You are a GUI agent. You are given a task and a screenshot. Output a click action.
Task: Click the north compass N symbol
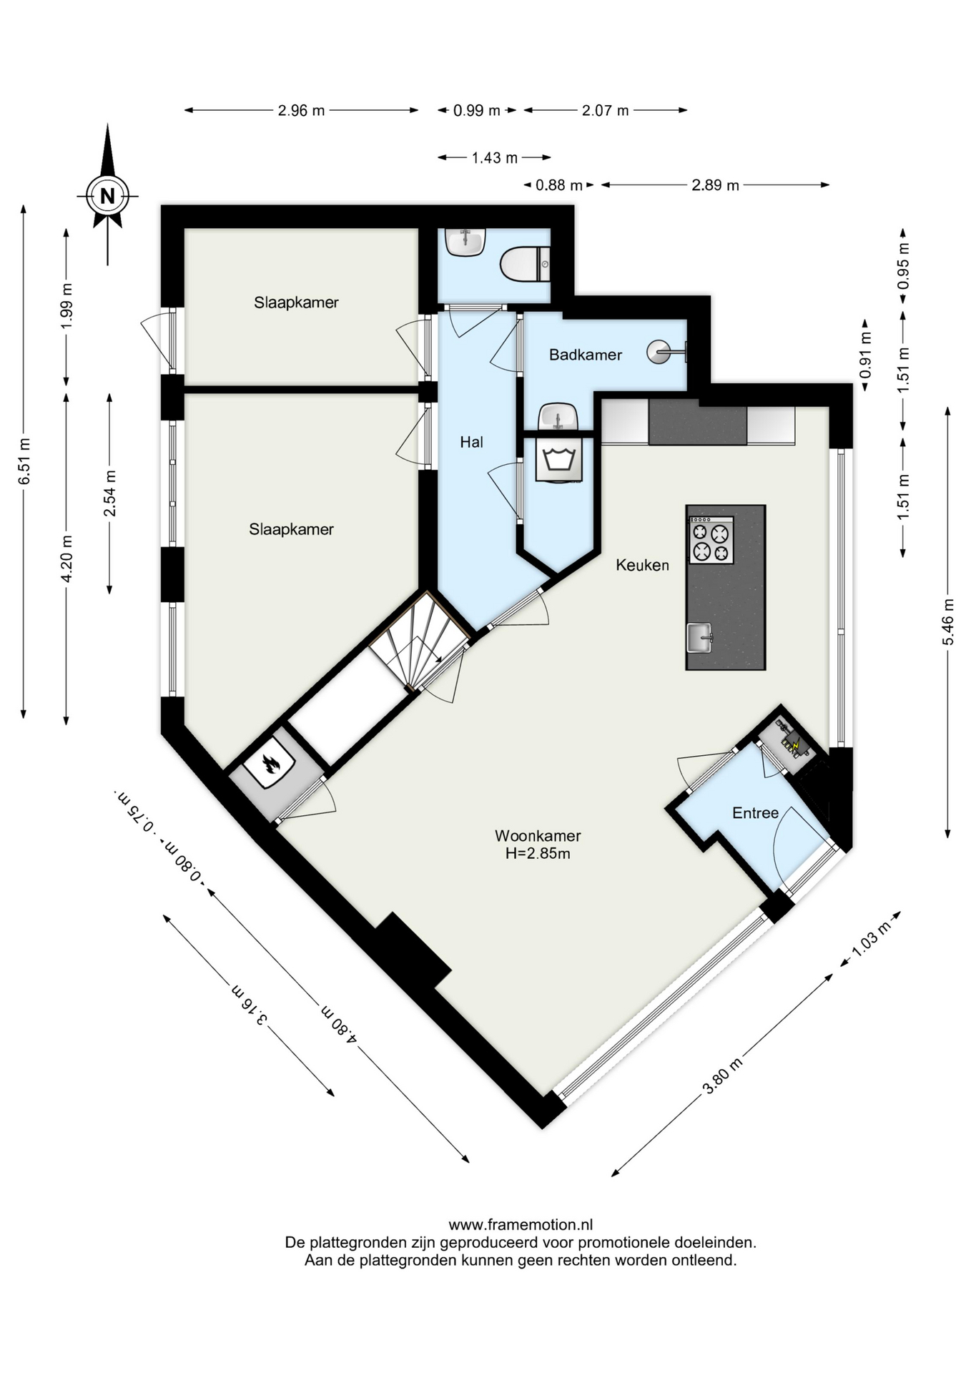coord(107,195)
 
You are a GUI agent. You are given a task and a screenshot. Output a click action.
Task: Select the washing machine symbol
coord(558,459)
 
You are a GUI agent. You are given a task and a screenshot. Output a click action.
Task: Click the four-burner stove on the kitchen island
coord(711,541)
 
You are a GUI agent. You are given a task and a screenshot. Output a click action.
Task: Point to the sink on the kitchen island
coord(700,637)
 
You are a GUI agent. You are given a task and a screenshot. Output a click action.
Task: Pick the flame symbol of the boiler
coord(269,764)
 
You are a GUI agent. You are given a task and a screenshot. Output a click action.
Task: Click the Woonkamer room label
coord(538,835)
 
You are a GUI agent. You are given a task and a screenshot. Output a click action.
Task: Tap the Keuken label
coord(643,565)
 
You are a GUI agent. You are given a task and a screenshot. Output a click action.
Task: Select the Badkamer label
coord(586,355)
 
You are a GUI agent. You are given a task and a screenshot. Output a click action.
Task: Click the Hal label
coord(471,443)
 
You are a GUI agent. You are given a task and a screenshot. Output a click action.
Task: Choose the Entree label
coord(755,813)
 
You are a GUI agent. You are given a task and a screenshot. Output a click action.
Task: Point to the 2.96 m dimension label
coord(301,111)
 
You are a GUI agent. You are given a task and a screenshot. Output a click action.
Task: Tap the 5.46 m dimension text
coord(948,621)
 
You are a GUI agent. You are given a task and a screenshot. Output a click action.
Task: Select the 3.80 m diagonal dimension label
coord(723,1076)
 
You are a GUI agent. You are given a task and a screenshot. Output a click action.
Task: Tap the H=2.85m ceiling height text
coord(538,853)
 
